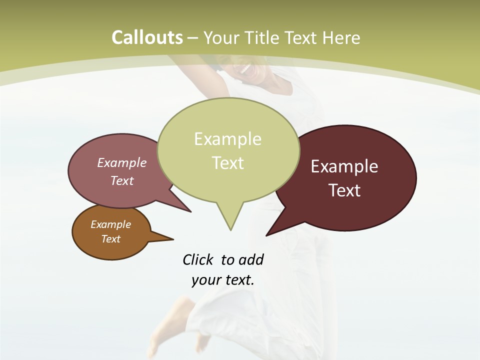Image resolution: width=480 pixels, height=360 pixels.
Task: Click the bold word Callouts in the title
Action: tap(147, 37)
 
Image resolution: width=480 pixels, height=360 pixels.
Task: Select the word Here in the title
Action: tap(341, 37)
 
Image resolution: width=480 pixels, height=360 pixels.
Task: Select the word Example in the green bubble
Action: tap(227, 138)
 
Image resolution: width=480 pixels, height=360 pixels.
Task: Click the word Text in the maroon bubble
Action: tap(344, 190)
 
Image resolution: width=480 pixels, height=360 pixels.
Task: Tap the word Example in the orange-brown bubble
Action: tap(110, 224)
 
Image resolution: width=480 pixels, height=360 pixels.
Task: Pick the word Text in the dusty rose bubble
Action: tap(122, 180)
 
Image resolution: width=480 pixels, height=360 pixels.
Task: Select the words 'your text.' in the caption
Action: tap(222, 280)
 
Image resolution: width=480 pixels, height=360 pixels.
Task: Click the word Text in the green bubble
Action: tap(227, 162)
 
